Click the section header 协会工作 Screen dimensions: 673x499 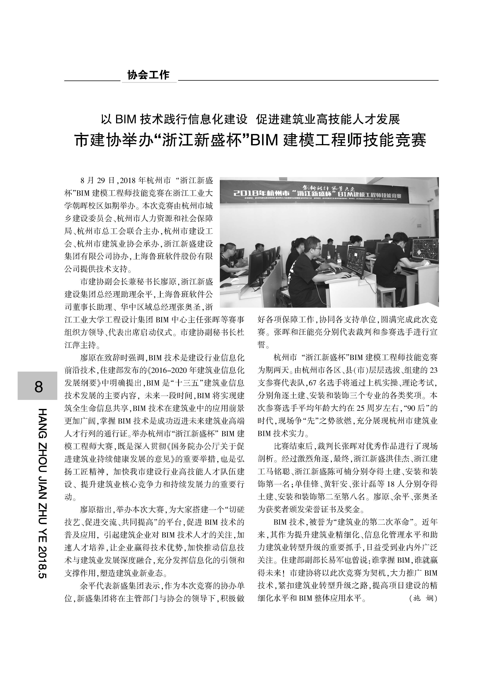[x=148, y=75]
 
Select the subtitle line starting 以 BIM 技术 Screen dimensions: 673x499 [x=250, y=119]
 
